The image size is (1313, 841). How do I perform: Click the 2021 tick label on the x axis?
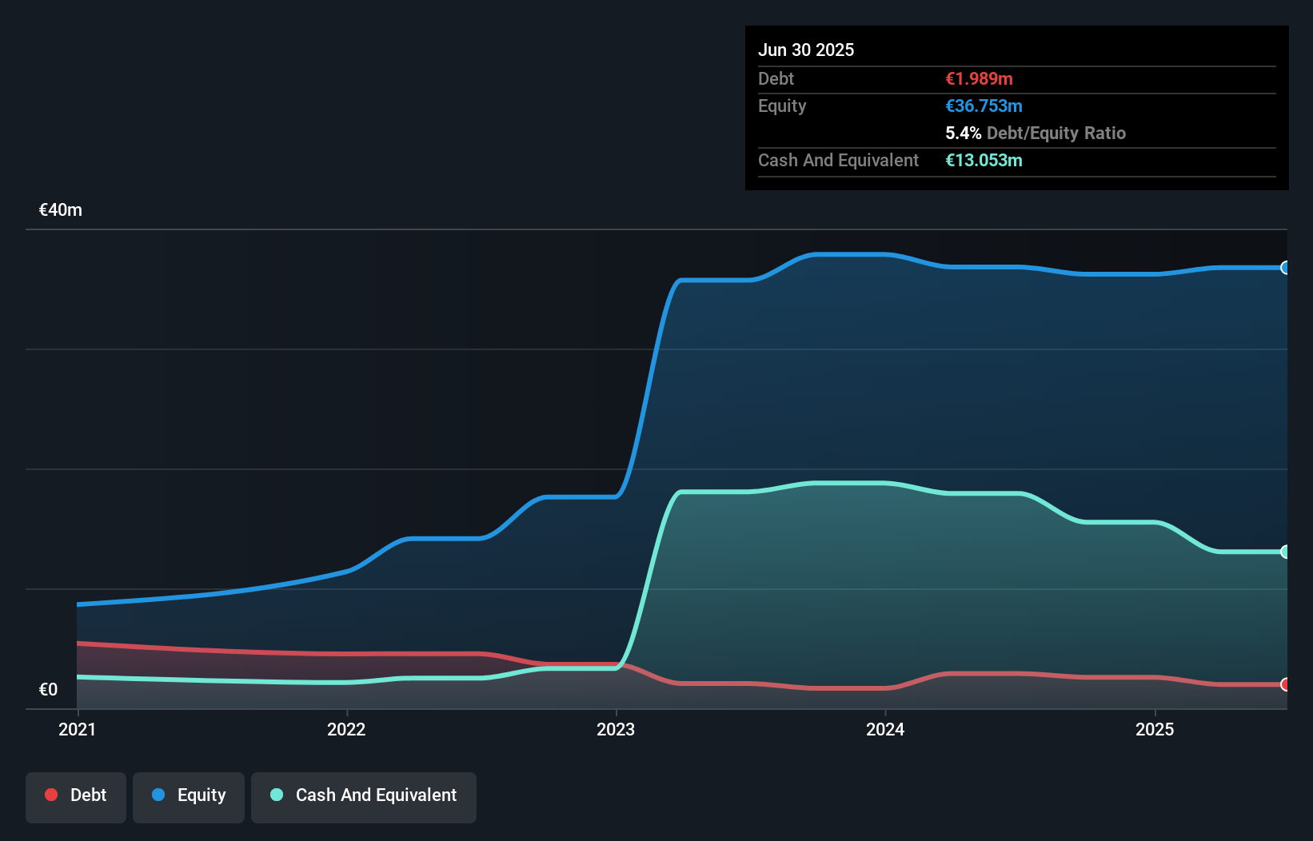(x=77, y=729)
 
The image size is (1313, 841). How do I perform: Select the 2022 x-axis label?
(x=346, y=729)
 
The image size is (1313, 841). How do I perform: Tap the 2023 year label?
(x=616, y=729)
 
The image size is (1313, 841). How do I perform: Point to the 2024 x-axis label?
(x=885, y=729)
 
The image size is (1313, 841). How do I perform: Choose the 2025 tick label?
(x=1155, y=729)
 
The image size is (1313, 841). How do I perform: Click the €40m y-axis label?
(x=61, y=210)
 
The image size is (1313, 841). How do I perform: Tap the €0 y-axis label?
(x=48, y=689)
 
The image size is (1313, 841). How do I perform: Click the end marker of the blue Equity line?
(x=1285, y=268)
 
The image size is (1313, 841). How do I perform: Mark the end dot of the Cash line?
(x=1285, y=552)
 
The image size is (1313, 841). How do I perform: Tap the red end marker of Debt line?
(x=1285, y=684)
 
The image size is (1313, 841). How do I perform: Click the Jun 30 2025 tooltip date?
(x=806, y=50)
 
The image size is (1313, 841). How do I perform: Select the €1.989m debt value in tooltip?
(x=979, y=78)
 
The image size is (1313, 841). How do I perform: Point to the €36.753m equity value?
(x=984, y=106)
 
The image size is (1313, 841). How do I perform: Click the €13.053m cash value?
(x=984, y=160)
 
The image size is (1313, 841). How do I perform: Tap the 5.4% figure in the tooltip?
(x=963, y=133)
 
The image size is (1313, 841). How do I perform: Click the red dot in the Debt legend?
(x=51, y=795)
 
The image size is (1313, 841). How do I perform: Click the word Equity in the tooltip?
(x=782, y=106)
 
